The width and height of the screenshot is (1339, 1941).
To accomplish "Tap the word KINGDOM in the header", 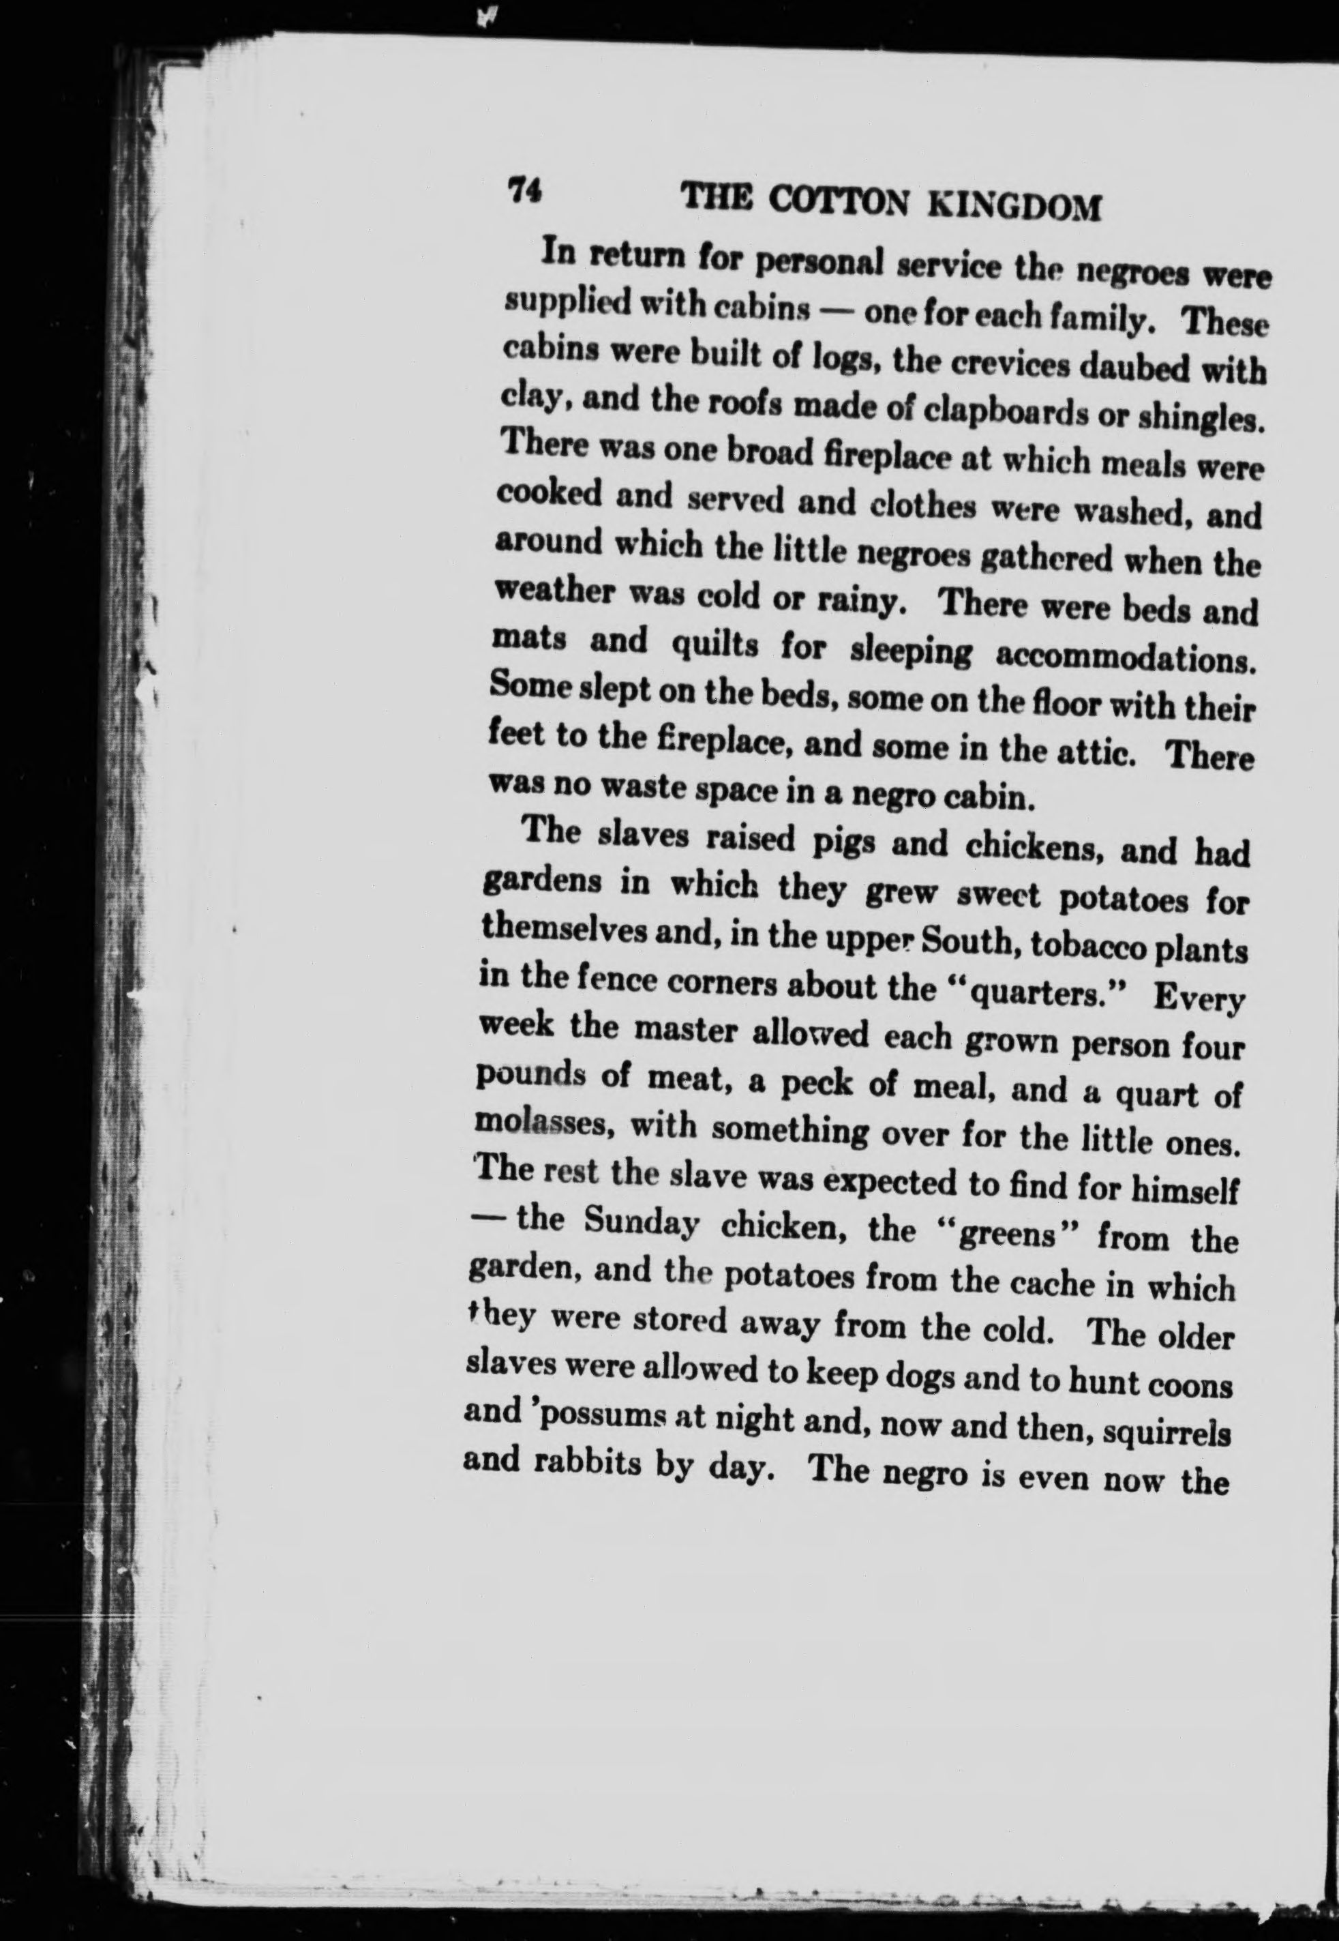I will tap(1015, 205).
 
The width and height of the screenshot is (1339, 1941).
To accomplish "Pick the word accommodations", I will tap(1124, 656).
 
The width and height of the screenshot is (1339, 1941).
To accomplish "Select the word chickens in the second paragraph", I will tap(1031, 848).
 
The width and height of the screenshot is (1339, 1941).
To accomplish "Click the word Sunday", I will tap(641, 1223).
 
